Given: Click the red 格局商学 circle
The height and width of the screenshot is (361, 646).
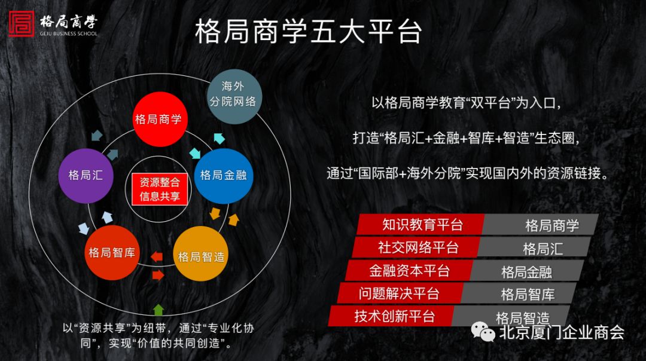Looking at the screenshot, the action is pyautogui.click(x=160, y=120).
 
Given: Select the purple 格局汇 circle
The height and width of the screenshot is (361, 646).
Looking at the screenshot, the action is pyautogui.click(x=86, y=176).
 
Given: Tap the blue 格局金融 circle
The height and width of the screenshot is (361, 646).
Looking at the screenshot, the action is pyautogui.click(x=223, y=176).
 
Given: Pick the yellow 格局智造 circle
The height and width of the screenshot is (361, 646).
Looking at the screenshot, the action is pyautogui.click(x=201, y=253).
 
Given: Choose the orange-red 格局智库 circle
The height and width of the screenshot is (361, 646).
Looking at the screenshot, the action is pyautogui.click(x=112, y=253).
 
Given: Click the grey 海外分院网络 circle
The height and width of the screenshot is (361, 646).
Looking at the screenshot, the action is pyautogui.click(x=234, y=96).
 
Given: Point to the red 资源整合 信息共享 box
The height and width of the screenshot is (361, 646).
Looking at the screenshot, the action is pyautogui.click(x=160, y=189).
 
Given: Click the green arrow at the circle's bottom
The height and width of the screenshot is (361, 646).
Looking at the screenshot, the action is pyautogui.click(x=158, y=310).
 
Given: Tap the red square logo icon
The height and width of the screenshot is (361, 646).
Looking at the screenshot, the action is pyautogui.click(x=22, y=24).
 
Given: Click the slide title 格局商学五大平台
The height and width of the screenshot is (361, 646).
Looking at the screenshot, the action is pyautogui.click(x=309, y=31).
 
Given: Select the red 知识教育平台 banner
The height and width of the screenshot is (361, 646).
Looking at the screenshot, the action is pyautogui.click(x=420, y=224).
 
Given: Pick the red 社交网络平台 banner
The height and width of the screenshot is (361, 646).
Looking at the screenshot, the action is pyautogui.click(x=416, y=247).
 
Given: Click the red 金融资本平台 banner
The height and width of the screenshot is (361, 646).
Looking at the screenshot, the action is pyautogui.click(x=409, y=270).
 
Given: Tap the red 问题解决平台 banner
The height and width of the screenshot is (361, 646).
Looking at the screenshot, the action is pyautogui.click(x=400, y=293).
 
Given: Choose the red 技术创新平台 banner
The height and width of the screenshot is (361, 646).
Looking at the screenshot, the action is pyautogui.click(x=392, y=316).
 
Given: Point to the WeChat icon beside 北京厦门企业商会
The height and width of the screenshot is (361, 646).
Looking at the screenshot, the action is pyautogui.click(x=483, y=332).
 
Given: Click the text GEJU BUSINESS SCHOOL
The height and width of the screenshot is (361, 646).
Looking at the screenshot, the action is pyautogui.click(x=68, y=33).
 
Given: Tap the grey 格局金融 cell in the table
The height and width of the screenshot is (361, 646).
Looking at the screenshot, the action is pyautogui.click(x=528, y=271).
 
